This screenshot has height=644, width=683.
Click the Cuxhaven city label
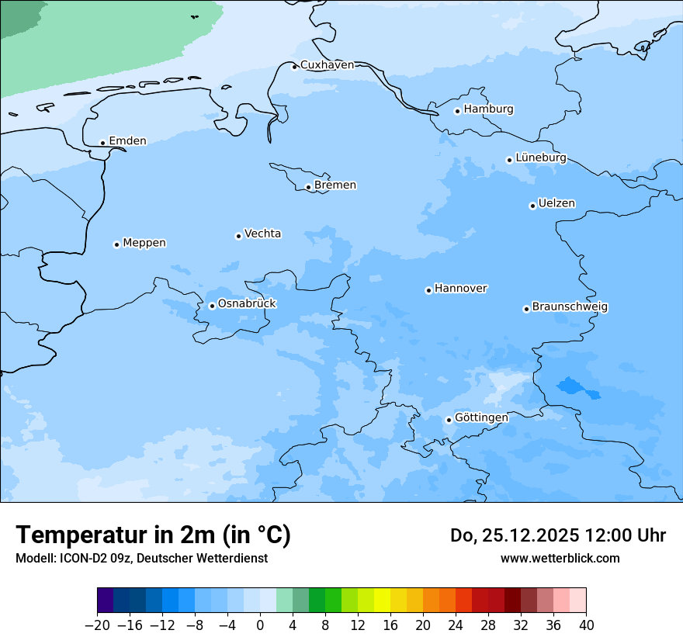click(327, 65)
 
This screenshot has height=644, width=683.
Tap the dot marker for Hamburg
click(457, 111)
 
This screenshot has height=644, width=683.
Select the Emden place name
click(127, 141)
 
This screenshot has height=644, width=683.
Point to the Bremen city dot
click(308, 187)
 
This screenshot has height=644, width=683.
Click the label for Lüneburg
click(540, 158)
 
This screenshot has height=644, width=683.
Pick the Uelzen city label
click(556, 203)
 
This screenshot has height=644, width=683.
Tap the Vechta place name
click(262, 234)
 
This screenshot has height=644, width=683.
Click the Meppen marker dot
click(116, 244)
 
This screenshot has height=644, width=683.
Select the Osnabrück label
click(246, 303)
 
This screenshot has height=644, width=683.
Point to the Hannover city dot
click(428, 290)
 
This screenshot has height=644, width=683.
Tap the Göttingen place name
click(481, 417)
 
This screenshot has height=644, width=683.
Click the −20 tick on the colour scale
click(97, 625)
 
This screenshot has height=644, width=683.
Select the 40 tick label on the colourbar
click(586, 625)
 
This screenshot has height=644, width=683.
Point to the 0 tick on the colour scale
click(260, 625)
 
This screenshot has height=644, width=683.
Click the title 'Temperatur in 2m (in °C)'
click(153, 535)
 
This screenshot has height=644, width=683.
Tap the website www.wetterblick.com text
click(560, 558)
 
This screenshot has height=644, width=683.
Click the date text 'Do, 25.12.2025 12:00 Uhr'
click(557, 535)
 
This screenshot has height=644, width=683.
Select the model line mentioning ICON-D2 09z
click(141, 558)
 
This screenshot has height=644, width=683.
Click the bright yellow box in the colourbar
click(382, 601)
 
